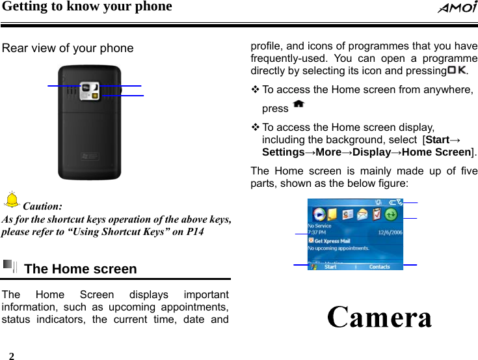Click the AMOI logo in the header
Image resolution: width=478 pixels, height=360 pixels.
[x=457, y=8]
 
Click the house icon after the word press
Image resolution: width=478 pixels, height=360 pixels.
[x=299, y=104]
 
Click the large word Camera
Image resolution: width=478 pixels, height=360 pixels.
[x=380, y=318]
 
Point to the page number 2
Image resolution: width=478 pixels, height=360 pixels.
[x=11, y=355]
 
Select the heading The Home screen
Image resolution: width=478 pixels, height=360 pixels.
[x=80, y=269]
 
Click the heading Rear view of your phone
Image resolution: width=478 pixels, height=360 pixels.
[x=68, y=48]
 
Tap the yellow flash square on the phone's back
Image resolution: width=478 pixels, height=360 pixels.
[x=95, y=96]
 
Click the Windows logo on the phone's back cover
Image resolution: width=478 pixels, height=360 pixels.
[x=88, y=156]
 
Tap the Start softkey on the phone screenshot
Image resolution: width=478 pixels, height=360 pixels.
[x=330, y=266]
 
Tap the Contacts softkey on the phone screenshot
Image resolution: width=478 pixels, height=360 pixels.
[x=380, y=266]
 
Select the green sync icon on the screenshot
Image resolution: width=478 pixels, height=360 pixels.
[x=392, y=214]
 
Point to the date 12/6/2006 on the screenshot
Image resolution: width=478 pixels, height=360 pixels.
[x=390, y=232]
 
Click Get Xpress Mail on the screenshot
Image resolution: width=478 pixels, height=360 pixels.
[x=334, y=240]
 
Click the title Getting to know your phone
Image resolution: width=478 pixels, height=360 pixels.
[x=86, y=7]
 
